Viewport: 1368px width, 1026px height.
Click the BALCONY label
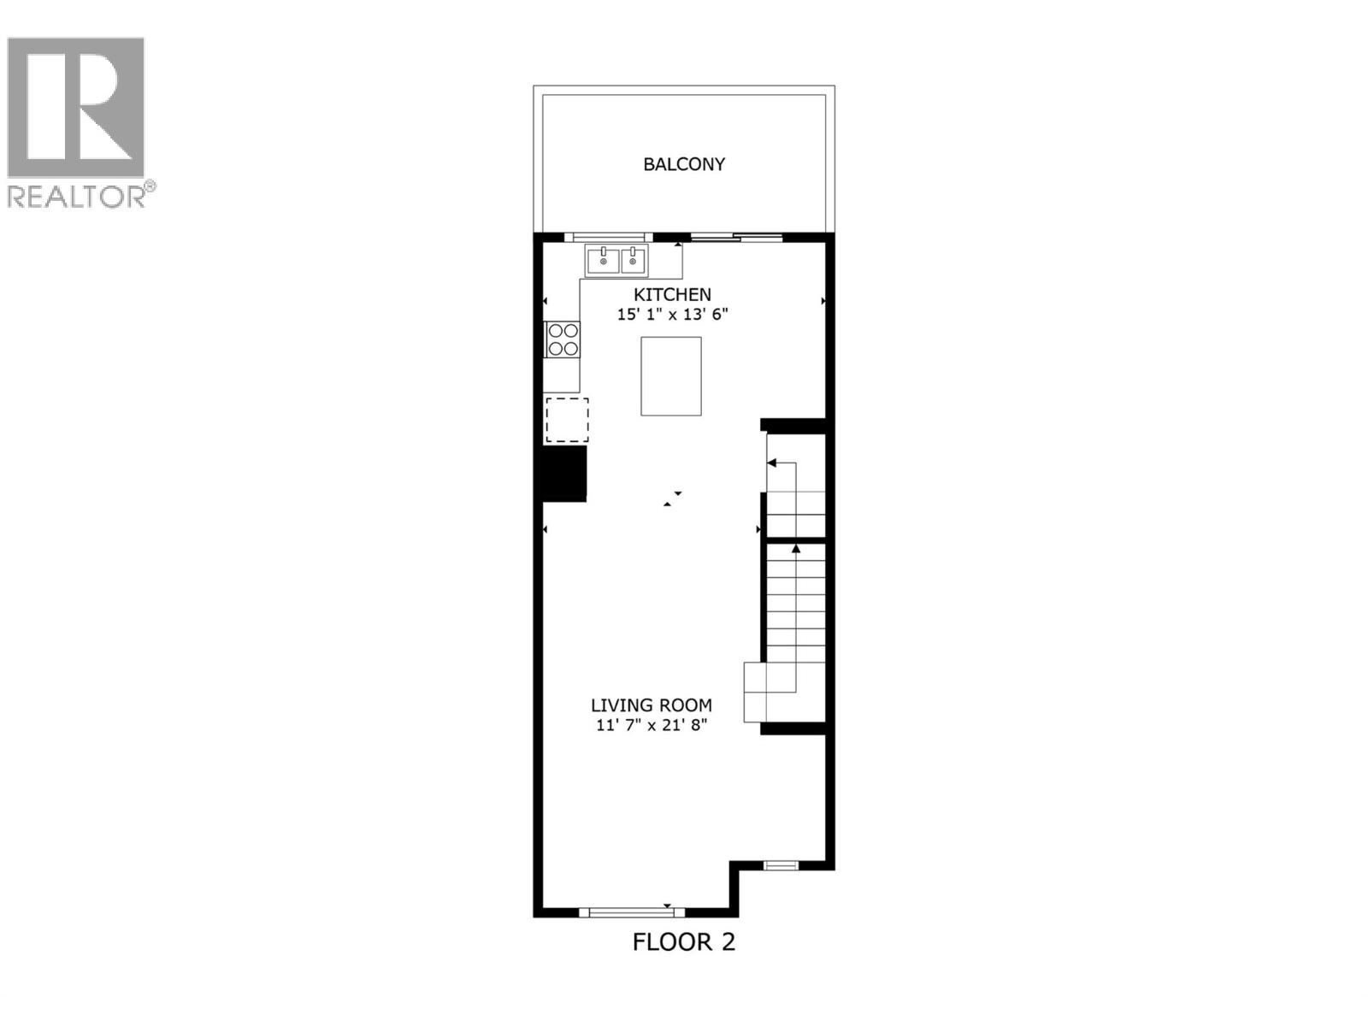pyautogui.click(x=684, y=164)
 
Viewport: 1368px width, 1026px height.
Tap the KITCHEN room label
pyautogui.click(x=672, y=295)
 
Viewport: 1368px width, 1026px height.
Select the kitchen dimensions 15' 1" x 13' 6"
pyautogui.click(x=672, y=315)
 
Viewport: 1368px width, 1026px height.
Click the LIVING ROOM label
pyautogui.click(x=652, y=705)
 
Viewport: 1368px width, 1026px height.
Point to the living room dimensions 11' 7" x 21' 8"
pyautogui.click(x=652, y=726)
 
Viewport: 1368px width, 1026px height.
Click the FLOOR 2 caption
pyautogui.click(x=683, y=942)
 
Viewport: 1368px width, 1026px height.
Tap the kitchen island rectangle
pyautogui.click(x=671, y=376)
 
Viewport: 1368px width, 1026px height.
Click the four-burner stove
pyautogui.click(x=563, y=339)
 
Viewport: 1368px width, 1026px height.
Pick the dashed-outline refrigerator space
pyautogui.click(x=567, y=420)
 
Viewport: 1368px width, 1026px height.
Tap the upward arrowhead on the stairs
pyautogui.click(x=796, y=548)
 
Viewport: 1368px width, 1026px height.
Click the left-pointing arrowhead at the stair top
pyautogui.click(x=771, y=463)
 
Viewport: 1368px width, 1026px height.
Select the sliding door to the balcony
pyautogui.click(x=736, y=237)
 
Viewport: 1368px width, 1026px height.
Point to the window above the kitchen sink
pyautogui.click(x=608, y=237)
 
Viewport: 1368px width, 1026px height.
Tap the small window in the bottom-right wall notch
pyautogui.click(x=780, y=865)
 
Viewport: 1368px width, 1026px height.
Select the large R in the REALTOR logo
pyautogui.click(x=75, y=107)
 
